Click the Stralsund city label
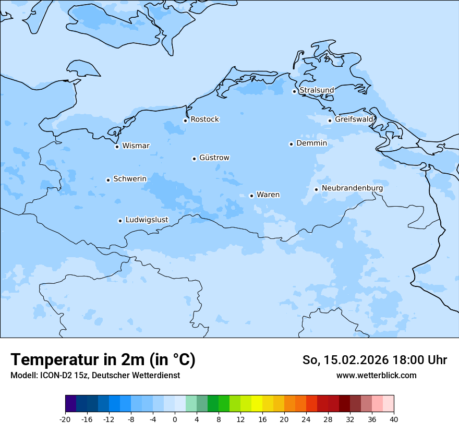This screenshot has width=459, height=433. click(317, 90)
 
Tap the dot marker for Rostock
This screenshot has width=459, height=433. click(185, 121)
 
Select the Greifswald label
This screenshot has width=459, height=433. click(354, 119)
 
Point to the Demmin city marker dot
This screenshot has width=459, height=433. click(291, 144)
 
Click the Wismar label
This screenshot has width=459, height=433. click(136, 146)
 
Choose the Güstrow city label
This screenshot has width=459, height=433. click(214, 158)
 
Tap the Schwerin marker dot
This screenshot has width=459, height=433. click(108, 180)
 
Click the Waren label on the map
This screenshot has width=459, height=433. click(268, 195)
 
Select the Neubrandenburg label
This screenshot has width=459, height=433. click(352, 188)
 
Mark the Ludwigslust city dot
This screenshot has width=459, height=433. click(120, 221)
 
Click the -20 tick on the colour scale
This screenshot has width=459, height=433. click(65, 419)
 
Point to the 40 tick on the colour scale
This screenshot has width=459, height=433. click(394, 419)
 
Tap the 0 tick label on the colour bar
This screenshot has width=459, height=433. click(175, 419)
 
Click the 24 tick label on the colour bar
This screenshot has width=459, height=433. click(306, 419)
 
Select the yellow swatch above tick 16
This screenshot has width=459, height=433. click(257, 404)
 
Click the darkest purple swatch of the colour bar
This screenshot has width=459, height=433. click(70, 404)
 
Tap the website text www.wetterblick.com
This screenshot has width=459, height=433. click(376, 376)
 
